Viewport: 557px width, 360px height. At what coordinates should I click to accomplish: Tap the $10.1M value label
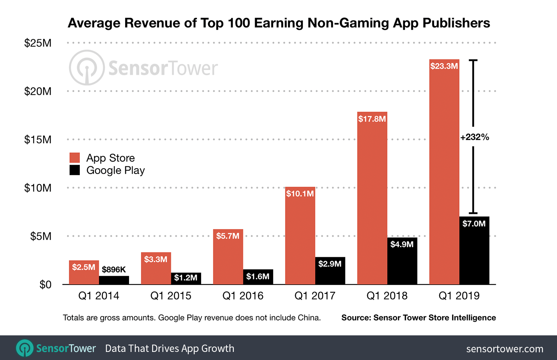(x=300, y=194)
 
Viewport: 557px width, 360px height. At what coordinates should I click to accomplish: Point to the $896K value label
(x=114, y=270)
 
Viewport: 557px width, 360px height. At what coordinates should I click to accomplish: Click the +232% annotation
(x=475, y=137)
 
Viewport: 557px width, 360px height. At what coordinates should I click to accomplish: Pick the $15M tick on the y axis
(x=38, y=139)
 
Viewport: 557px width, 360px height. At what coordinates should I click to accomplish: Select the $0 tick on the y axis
(x=45, y=285)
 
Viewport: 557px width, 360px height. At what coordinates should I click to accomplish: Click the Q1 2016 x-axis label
(x=243, y=296)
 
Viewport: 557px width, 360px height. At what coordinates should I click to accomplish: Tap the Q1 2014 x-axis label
(x=99, y=296)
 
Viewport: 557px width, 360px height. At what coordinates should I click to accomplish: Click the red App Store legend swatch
(x=74, y=157)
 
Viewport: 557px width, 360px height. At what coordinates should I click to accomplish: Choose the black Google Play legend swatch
(x=74, y=170)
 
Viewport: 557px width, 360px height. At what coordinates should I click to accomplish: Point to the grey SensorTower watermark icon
(x=87, y=68)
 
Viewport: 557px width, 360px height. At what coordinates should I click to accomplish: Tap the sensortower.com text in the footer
(x=505, y=349)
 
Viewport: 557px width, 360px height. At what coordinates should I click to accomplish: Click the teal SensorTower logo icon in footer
(x=25, y=348)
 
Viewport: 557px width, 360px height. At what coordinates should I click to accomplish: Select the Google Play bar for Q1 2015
(x=186, y=278)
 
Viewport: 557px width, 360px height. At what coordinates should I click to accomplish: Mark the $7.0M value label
(x=474, y=224)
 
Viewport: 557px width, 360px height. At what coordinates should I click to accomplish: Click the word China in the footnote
(x=308, y=318)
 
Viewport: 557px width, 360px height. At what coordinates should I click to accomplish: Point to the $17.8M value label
(x=372, y=119)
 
